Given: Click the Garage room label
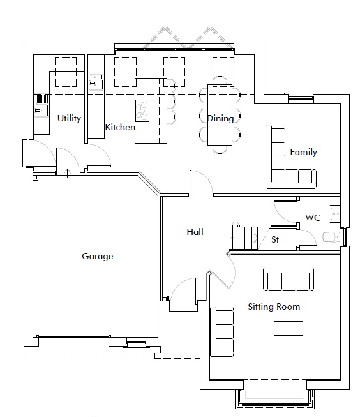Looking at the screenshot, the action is click(x=97, y=256).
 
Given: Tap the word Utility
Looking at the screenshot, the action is click(x=69, y=118).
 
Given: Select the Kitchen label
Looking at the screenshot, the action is click(x=120, y=127).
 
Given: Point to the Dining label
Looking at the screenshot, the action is click(x=220, y=118).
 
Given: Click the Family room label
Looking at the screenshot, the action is click(x=304, y=152).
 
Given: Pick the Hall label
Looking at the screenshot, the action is click(x=195, y=232).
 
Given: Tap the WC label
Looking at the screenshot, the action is click(x=313, y=218).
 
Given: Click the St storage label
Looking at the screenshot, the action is click(x=275, y=239).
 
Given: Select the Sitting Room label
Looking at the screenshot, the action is click(x=274, y=307).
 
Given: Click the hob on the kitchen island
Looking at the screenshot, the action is click(x=142, y=111).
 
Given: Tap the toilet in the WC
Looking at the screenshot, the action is click(x=331, y=237).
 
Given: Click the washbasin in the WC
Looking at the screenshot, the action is click(x=334, y=213).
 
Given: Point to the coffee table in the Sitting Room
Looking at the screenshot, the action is click(x=289, y=328).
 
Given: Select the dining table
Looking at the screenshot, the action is click(x=220, y=115).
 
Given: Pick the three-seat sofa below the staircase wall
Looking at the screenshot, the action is click(x=289, y=279).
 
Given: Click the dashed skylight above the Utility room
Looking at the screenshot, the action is click(x=66, y=72).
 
